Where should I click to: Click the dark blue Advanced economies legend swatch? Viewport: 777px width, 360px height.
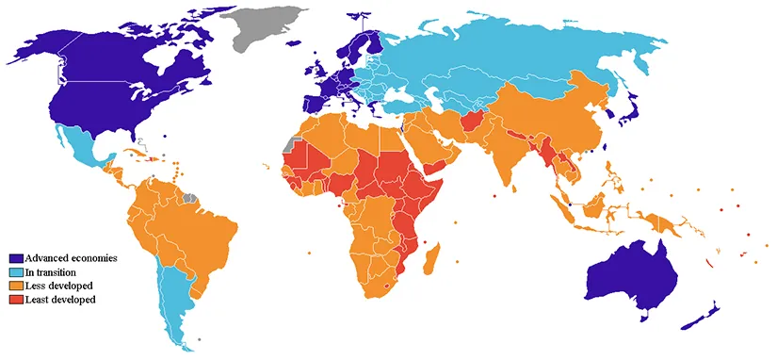point(16,258)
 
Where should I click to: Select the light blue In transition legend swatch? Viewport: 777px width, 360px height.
point(16,271)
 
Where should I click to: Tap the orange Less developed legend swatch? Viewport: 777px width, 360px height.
point(16,285)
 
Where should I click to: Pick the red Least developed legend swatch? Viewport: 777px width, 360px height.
point(16,299)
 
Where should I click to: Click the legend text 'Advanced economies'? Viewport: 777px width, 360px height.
point(71,258)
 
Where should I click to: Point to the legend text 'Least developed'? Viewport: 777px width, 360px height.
point(61,299)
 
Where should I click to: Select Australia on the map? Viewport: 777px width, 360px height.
point(631,273)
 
